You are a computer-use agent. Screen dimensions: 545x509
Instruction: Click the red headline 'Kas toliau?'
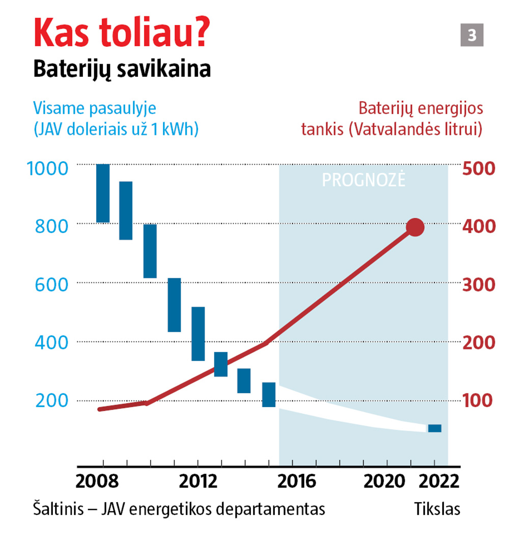(121, 33)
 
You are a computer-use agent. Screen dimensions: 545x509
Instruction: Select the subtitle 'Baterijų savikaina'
(122, 70)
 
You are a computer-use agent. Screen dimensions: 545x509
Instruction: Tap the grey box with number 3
(472, 36)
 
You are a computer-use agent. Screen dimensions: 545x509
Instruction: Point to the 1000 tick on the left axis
(53, 167)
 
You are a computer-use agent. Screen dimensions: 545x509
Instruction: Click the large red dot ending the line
(415, 227)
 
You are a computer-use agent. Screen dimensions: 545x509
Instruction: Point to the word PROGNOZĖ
(363, 180)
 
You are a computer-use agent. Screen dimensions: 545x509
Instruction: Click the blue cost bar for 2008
(103, 193)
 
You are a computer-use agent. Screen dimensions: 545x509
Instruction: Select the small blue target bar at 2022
(435, 428)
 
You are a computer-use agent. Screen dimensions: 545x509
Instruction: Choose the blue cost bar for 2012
(198, 334)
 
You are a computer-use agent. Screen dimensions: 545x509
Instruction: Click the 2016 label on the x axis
(297, 481)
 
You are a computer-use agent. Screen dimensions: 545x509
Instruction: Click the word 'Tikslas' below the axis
(437, 509)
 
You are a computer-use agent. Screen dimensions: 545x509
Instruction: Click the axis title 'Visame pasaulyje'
(94, 109)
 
